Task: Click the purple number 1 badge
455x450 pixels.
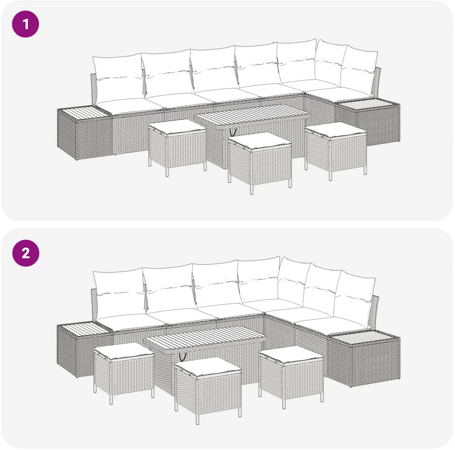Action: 26,24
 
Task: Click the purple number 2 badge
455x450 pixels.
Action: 26,253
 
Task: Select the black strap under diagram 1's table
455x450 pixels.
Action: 233,132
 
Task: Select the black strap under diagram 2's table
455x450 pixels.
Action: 183,357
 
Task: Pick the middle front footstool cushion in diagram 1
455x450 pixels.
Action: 260,141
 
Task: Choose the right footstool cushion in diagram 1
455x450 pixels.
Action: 336,130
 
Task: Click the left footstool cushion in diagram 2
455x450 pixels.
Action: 124,351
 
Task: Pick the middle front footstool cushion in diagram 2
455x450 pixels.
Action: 208,366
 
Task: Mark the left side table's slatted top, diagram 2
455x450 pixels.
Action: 84,329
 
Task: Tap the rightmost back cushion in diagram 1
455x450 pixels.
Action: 359,71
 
